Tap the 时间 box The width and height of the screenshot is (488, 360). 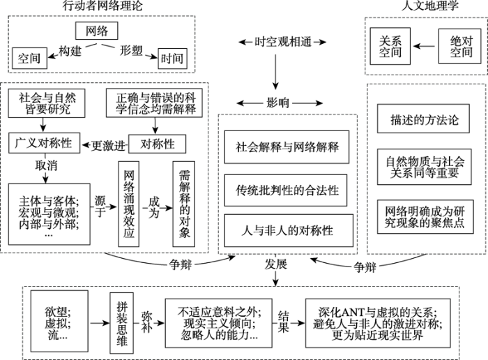pos(172,57)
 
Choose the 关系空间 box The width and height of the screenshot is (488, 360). pos(390,46)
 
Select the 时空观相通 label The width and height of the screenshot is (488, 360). pos(277,42)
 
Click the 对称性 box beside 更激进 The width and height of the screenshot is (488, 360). pos(158,145)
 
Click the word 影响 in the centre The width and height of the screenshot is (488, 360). pos(277,102)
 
